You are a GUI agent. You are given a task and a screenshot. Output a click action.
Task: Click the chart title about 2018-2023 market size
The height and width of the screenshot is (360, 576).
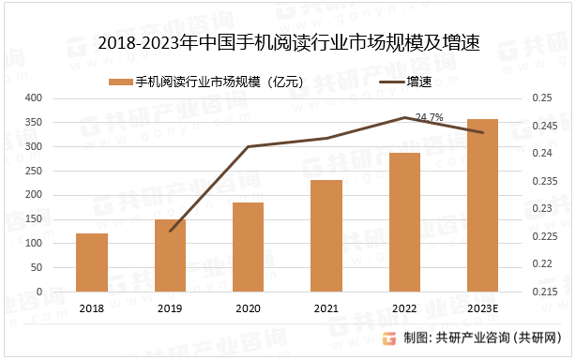coord(288,42)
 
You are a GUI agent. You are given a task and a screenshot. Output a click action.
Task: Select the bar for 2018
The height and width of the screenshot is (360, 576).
coord(92,262)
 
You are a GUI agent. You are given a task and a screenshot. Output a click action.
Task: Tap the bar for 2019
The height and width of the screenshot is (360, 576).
coord(170,255)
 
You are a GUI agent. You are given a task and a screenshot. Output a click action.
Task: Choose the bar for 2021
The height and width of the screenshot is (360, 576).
coord(326,235)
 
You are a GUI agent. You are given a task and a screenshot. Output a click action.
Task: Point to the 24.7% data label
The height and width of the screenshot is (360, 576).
coord(429,117)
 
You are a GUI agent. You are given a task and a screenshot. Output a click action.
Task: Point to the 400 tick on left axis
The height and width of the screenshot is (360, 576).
coord(34,97)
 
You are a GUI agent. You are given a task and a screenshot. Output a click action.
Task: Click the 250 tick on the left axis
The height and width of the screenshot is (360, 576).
coord(34,171)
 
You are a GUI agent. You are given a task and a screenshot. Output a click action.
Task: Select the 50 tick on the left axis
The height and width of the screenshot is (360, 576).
coord(37,267)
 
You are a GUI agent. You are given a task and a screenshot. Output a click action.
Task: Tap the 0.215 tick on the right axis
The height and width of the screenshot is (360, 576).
coord(544,292)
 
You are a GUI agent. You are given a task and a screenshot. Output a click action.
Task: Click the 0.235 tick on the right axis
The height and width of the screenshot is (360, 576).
coord(544,181)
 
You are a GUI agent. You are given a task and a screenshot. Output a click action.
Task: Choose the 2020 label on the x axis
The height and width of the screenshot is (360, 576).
coord(248,307)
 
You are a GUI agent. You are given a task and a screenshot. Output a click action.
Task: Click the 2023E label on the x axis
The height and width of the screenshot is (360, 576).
coord(482,307)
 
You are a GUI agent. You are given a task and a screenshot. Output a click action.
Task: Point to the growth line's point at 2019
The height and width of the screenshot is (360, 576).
coord(170,231)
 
